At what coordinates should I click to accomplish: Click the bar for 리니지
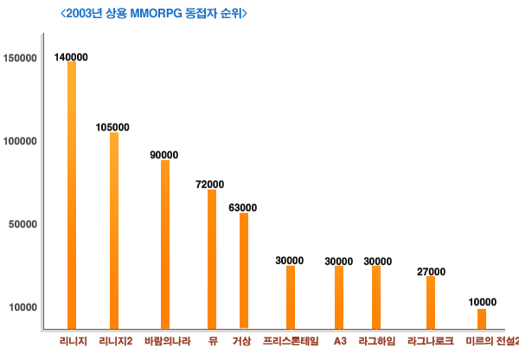pyautogui.click(x=72, y=196)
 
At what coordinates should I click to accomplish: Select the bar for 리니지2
pyautogui.click(x=114, y=231)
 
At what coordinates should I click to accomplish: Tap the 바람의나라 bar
pyautogui.click(x=165, y=245)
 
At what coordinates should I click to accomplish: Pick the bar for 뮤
pyautogui.click(x=212, y=260)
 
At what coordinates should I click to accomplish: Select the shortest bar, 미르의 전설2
pyautogui.click(x=482, y=319)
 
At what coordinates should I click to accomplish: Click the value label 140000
pyautogui.click(x=71, y=57)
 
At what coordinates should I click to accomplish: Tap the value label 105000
pyautogui.click(x=113, y=126)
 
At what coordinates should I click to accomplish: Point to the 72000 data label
pyautogui.click(x=210, y=184)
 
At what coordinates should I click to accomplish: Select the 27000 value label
pyautogui.click(x=431, y=272)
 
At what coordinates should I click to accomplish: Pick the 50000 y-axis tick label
pyautogui.click(x=22, y=224)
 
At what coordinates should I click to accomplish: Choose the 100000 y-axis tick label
pyautogui.click(x=19, y=141)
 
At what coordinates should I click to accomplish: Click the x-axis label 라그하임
pyautogui.click(x=376, y=341)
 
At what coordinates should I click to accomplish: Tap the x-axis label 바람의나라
pyautogui.click(x=164, y=341)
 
